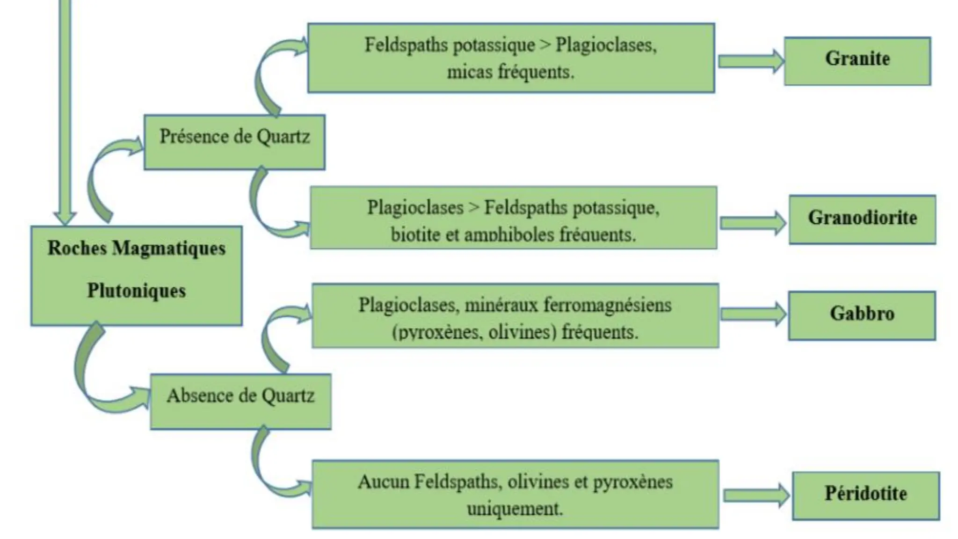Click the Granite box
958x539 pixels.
point(857,61)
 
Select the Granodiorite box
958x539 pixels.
point(862,219)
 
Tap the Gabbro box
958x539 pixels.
point(862,315)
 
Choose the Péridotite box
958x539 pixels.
point(865,495)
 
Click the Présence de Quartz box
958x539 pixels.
point(234,142)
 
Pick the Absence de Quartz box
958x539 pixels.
point(240,401)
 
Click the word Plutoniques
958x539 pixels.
point(137,291)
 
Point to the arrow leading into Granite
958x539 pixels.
point(751,61)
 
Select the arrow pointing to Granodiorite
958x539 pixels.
point(753,223)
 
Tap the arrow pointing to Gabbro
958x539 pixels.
point(753,314)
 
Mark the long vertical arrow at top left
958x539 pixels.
point(65,112)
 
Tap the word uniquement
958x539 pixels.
point(515,509)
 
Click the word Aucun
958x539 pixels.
point(383,481)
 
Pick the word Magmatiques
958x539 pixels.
point(169,248)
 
